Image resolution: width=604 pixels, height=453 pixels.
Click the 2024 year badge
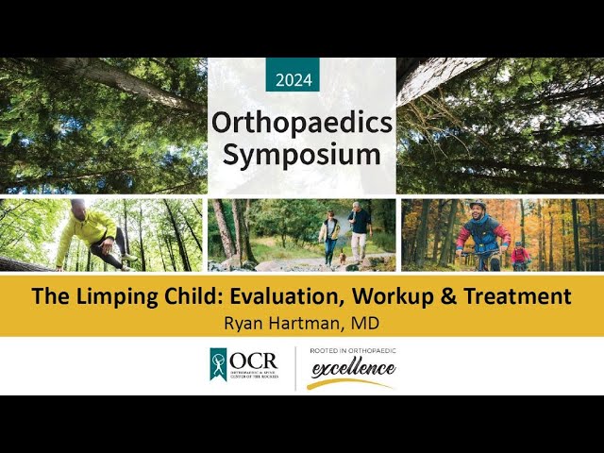tap(292, 79)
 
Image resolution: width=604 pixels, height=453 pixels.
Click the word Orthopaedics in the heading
tap(301, 122)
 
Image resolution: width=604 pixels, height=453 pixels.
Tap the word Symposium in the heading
tap(301, 154)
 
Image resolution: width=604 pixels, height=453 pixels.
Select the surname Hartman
tap(306, 321)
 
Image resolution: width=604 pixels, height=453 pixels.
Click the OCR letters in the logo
tap(258, 361)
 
